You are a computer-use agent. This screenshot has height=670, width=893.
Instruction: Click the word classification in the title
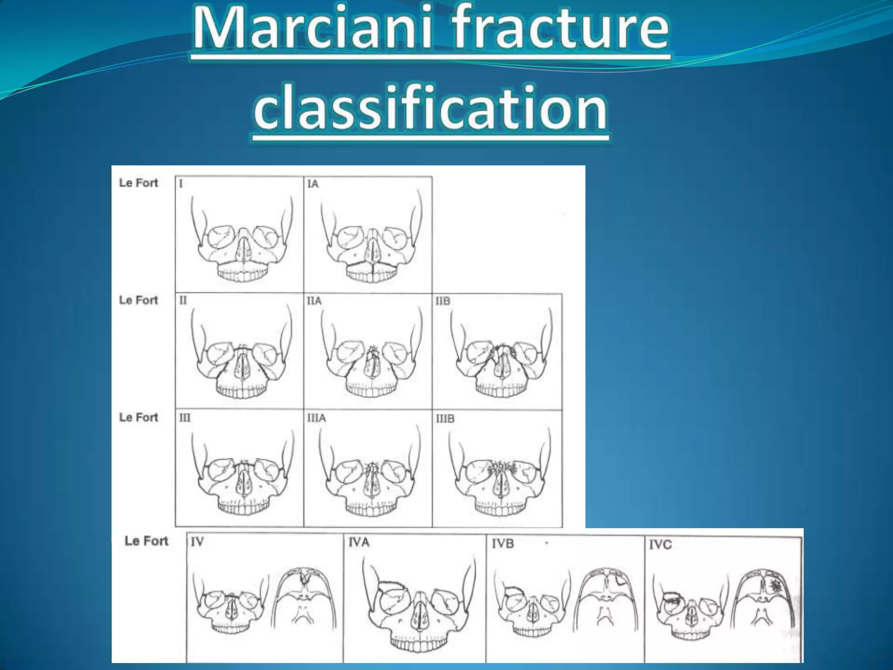[x=430, y=107]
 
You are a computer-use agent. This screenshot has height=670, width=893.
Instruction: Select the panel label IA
[x=313, y=184]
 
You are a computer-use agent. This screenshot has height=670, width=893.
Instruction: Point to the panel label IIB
[x=443, y=301]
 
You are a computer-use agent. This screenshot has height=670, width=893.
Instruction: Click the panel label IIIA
[x=316, y=418]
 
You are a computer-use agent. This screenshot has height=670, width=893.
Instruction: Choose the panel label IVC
[x=660, y=544]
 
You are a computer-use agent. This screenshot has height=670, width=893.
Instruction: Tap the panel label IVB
[x=502, y=544]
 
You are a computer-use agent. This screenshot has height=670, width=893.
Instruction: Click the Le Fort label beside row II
[x=138, y=300]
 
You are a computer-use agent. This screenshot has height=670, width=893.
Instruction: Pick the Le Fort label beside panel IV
[x=146, y=541]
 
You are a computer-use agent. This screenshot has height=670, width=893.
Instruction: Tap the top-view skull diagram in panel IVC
[x=764, y=604]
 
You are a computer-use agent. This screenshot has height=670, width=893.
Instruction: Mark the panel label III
[x=184, y=418]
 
